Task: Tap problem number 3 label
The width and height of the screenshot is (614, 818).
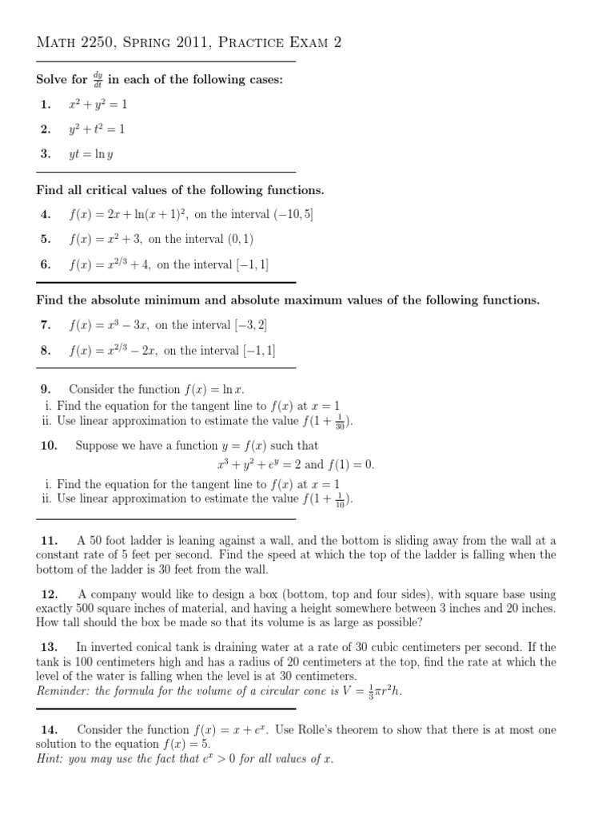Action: click(x=45, y=154)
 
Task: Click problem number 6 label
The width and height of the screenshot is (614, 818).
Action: click(x=45, y=264)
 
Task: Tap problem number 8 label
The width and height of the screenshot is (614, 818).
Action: click(x=45, y=350)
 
